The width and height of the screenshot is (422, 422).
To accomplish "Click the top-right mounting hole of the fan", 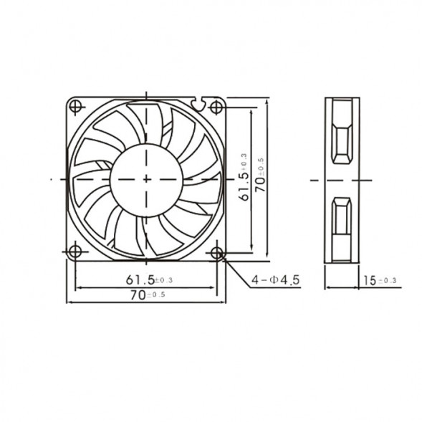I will [x=216, y=107].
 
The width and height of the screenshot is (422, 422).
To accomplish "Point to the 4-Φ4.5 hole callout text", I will [x=276, y=280].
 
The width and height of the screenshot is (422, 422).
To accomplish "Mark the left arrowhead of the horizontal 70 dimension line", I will [x=69, y=302].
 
